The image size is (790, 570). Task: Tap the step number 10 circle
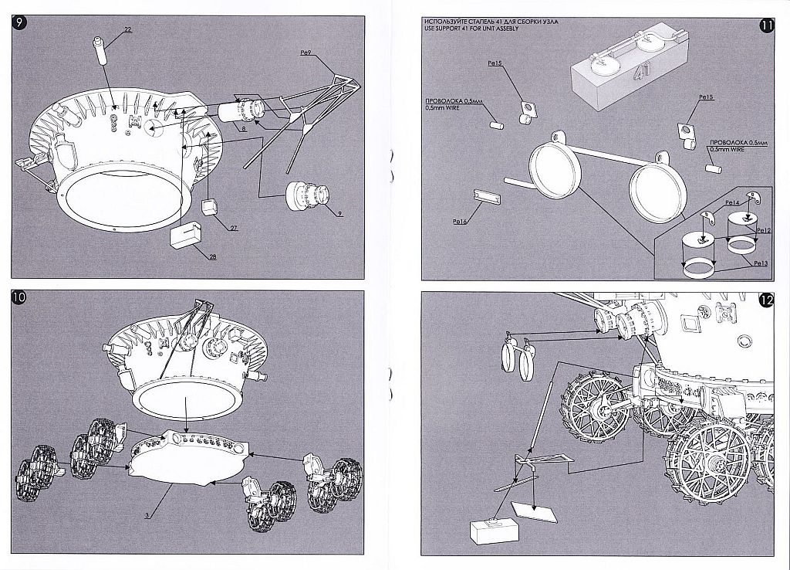(x=19, y=300)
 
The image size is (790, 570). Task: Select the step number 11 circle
(x=766, y=24)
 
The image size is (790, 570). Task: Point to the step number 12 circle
(x=766, y=301)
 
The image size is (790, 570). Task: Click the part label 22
(x=127, y=29)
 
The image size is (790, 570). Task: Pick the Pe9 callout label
(x=303, y=52)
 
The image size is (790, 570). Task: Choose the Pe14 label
(x=731, y=202)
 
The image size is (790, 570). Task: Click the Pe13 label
(x=760, y=263)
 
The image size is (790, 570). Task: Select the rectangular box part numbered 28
(x=186, y=233)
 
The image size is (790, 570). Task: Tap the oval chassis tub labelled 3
(x=185, y=460)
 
